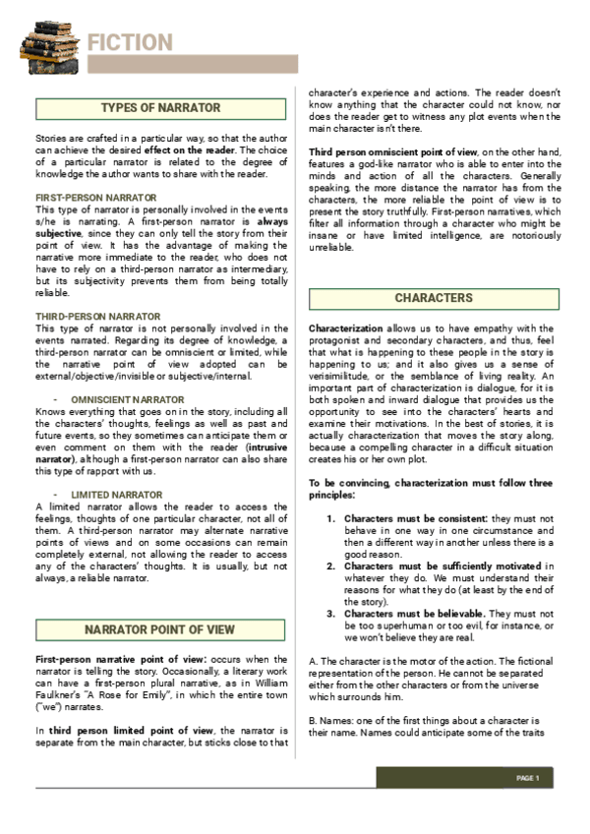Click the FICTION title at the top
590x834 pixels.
[130, 42]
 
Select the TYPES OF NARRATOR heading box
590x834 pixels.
[161, 108]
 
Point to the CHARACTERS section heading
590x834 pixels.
[434, 298]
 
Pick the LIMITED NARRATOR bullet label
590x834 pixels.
[116, 493]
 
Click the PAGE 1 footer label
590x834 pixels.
[529, 778]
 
